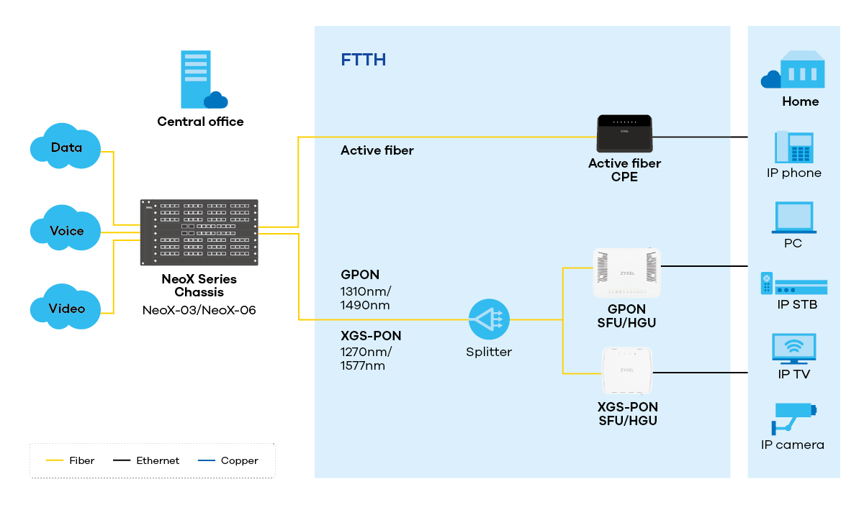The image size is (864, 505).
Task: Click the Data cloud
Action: coord(66,147)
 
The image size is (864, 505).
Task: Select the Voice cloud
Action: coord(66,230)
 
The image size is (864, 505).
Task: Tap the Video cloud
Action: coord(66,308)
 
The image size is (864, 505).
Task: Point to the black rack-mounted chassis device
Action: coord(199,232)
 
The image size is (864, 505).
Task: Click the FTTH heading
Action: coord(363,60)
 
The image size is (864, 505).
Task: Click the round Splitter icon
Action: coord(489,319)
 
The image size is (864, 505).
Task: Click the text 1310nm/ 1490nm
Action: coord(365,299)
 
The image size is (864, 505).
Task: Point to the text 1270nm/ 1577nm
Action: coord(365,358)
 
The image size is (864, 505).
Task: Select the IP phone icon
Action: coord(793,147)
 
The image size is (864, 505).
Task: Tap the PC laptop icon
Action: coord(793,217)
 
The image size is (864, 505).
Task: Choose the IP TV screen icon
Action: coord(793,349)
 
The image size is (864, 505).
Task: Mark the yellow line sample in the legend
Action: coord(55,460)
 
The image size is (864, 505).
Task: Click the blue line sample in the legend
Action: coord(206,460)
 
